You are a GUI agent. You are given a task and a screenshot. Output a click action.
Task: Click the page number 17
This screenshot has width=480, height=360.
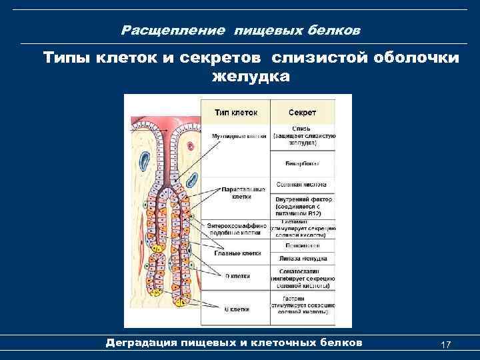tap(446, 344)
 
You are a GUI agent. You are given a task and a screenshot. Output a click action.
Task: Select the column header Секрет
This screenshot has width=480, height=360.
tap(303, 111)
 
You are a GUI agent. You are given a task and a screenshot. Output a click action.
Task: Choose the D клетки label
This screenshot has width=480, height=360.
tap(235, 275)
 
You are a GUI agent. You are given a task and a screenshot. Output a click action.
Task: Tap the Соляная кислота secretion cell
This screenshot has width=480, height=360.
tap(303, 183)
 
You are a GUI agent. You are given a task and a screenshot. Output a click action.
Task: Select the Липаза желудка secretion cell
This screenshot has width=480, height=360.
tap(303, 258)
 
